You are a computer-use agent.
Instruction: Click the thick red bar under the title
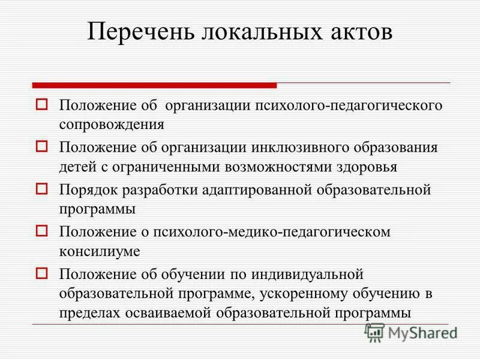[x=154, y=85]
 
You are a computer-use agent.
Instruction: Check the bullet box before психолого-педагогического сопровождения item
[x=41, y=105]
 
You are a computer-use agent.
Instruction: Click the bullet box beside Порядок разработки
[x=41, y=188]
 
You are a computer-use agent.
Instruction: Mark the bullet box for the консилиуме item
[x=41, y=230]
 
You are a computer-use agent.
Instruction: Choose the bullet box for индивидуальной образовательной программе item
[x=41, y=272]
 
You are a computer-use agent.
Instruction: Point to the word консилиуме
[x=100, y=251]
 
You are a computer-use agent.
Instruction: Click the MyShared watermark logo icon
[x=374, y=332]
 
